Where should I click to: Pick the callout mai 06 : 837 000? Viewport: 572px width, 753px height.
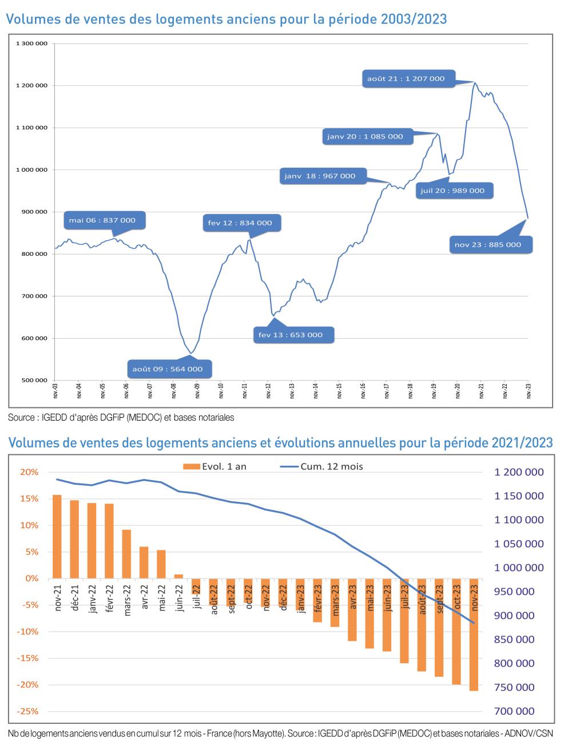(103, 220)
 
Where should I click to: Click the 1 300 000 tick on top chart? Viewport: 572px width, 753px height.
(32, 43)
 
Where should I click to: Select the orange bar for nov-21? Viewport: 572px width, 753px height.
(57, 536)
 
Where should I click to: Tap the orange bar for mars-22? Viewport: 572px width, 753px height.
(127, 553)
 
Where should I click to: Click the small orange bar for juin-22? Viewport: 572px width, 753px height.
(178, 576)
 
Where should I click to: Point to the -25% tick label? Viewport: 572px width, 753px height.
(29, 711)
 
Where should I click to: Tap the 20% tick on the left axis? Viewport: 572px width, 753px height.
(30, 472)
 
